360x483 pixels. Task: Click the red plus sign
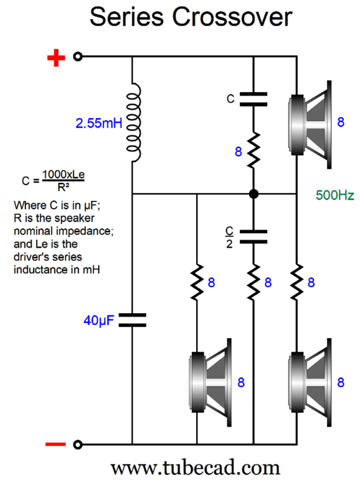pos(56,58)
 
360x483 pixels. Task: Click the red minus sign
pos(56,444)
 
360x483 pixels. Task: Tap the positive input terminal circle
pos(78,57)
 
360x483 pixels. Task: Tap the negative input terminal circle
pos(78,444)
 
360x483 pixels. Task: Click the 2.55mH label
pos(98,123)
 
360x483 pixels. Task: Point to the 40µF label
pos(98,321)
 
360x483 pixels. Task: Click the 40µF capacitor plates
pos(133,320)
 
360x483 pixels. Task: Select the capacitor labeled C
pos(253,99)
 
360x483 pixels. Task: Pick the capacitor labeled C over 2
pos(253,237)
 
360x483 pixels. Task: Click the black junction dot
pos(253,194)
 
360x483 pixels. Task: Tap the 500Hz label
pos(335,195)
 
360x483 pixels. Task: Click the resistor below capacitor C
pos(253,151)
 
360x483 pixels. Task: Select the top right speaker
pos(310,124)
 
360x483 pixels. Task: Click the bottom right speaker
pos(310,382)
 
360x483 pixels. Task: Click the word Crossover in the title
pos(232,17)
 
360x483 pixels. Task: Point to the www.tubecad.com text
pos(196,468)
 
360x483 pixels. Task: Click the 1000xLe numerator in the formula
pos(63,174)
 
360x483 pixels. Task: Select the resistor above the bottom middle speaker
pos(197,282)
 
